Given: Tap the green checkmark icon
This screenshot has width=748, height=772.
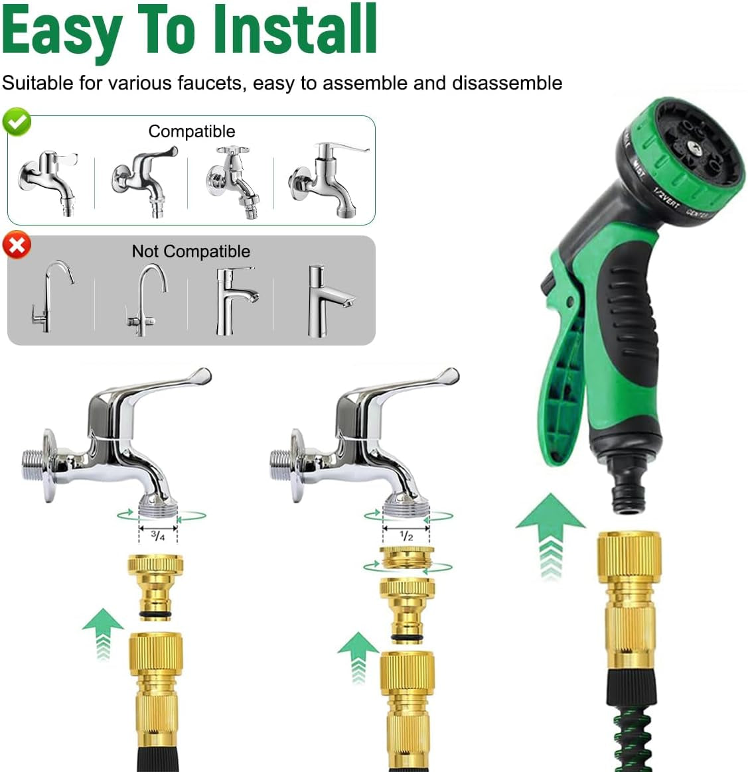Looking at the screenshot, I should tap(17, 122).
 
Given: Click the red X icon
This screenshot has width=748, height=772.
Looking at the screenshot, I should tap(17, 245).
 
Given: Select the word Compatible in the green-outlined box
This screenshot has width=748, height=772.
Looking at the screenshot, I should tap(191, 131).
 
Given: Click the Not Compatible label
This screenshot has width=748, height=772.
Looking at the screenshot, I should tap(191, 251).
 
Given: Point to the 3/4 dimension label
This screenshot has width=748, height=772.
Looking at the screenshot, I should tap(158, 535).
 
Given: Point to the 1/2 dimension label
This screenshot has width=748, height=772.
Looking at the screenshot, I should tap(406, 535).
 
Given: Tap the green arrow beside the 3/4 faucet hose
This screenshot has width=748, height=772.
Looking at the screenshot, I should tap(103, 633).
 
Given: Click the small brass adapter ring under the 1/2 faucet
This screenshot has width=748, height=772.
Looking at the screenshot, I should tap(407, 556).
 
